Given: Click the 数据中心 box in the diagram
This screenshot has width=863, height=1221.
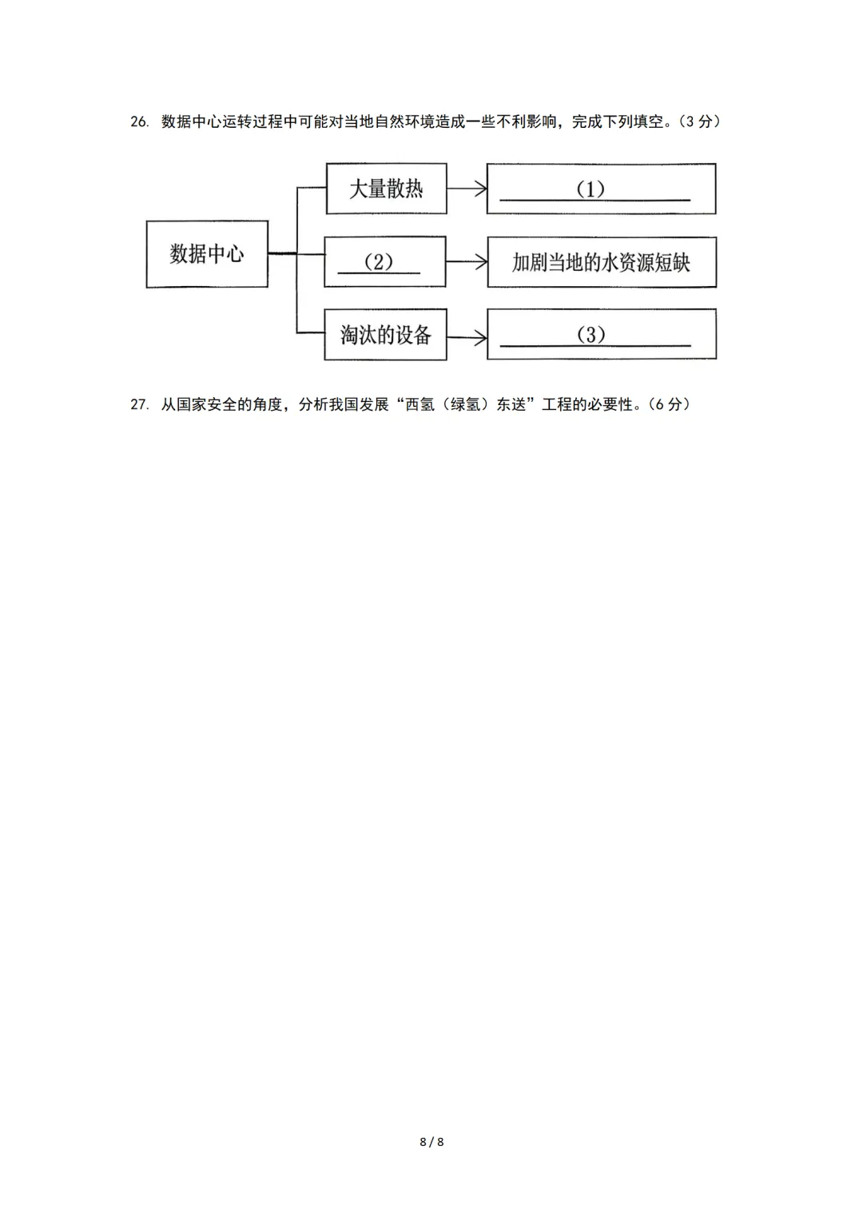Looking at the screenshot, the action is (206, 254).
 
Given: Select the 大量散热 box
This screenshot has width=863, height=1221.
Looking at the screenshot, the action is (386, 189).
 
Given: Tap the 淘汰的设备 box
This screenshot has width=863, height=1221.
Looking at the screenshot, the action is (386, 334).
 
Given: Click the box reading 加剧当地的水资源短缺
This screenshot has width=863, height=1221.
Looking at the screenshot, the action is (601, 262).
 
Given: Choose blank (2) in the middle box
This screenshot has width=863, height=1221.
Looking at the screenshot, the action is (379, 263).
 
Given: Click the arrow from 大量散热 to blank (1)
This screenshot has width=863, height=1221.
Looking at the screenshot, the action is (467, 189).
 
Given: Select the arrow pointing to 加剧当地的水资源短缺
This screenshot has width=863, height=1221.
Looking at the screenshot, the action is (467, 261).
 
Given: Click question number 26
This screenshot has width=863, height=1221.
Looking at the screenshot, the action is (139, 122).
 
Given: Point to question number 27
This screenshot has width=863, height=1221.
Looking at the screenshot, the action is (139, 404).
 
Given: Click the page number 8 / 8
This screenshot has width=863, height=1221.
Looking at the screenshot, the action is (431, 1142).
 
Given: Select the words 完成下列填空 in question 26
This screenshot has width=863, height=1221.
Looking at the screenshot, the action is (618, 121).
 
